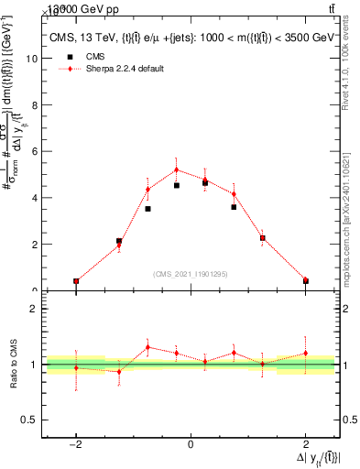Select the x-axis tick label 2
305,444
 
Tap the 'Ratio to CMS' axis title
13,365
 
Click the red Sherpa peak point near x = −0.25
176,169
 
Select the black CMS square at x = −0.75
147,209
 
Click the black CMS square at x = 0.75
234,207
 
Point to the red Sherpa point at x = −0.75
147,190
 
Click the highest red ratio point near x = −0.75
147,347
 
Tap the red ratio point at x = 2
305,354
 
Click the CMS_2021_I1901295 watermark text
191,274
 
